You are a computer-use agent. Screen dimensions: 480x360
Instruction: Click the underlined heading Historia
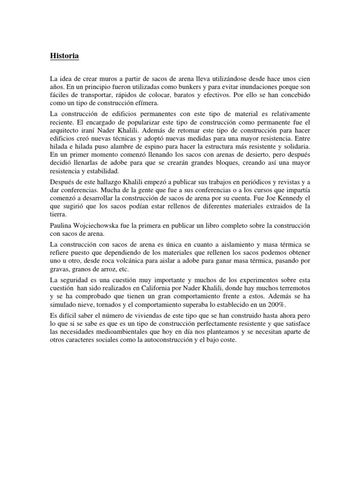(x=64, y=56)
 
